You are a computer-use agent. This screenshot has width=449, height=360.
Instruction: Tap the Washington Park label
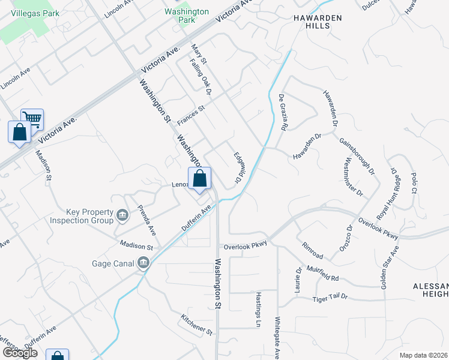(x=187, y=16)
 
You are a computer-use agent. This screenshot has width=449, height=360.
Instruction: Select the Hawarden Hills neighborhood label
(x=317, y=22)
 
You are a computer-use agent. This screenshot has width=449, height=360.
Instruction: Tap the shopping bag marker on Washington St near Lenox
(x=200, y=179)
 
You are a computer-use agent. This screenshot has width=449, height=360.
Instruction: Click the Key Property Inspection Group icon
(x=122, y=215)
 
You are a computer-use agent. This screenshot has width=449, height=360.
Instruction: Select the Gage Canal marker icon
(x=143, y=263)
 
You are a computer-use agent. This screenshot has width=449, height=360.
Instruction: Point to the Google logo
(x=20, y=353)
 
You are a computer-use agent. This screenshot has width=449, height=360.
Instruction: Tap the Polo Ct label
(x=414, y=182)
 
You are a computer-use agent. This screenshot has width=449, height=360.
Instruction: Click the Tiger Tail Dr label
(x=330, y=299)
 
